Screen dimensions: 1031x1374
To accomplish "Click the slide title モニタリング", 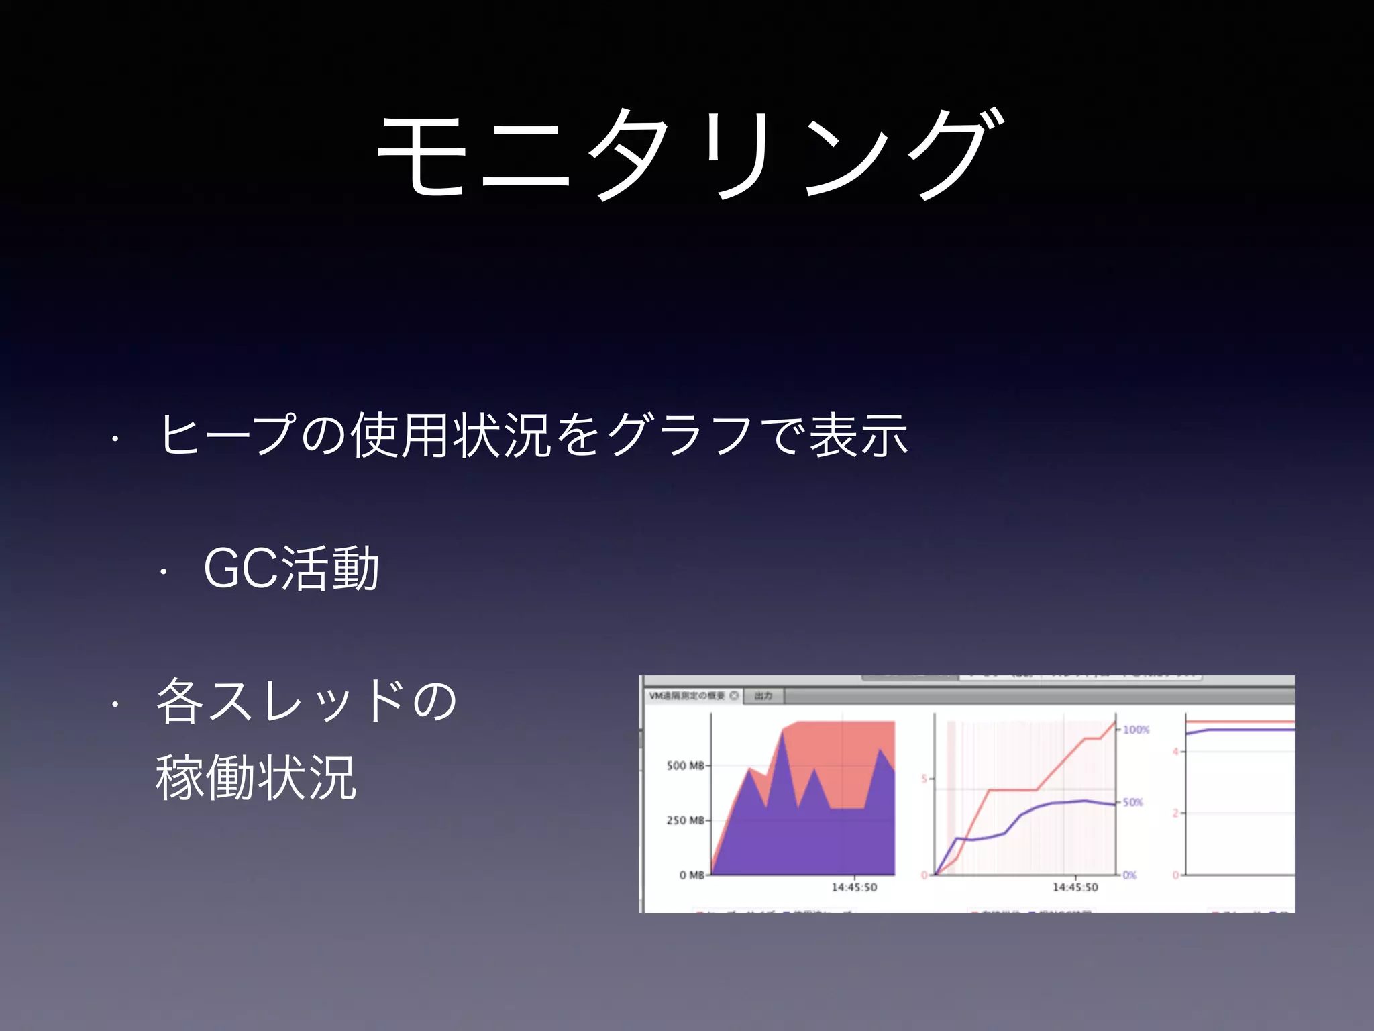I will click(691, 154).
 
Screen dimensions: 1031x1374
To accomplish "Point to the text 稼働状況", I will click(256, 778).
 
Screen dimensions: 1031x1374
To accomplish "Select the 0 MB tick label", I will click(692, 875).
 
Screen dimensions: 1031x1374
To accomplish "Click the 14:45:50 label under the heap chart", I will click(854, 887).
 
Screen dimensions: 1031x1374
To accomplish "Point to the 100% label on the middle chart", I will click(1136, 730).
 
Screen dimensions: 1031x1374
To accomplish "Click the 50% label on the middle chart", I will click(1133, 803).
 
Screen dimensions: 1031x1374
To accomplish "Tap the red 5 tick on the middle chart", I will click(924, 779).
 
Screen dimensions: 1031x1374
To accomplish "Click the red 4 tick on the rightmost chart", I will click(1175, 752).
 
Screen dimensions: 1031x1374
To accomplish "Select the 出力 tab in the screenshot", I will click(763, 696).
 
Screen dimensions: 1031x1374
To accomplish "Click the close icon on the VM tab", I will click(734, 696).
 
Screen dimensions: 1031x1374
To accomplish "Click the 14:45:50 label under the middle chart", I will click(1075, 887).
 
